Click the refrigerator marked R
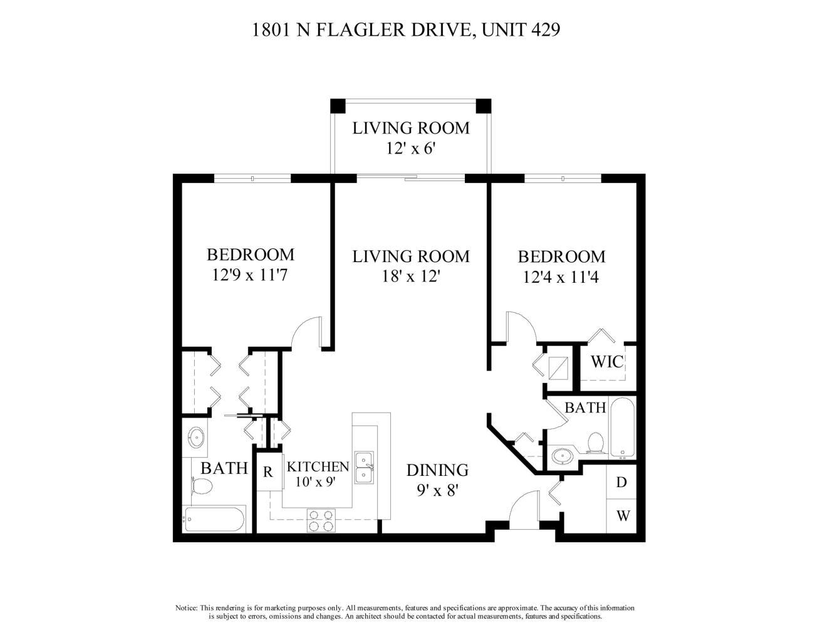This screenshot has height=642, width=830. [x=269, y=472]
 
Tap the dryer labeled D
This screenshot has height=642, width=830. [x=621, y=482]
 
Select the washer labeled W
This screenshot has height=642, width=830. [x=621, y=516]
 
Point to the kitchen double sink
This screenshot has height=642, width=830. [x=364, y=468]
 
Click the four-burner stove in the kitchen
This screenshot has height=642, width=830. [x=321, y=520]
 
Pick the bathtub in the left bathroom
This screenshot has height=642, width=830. [x=215, y=519]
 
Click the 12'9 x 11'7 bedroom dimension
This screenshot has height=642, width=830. [x=249, y=275]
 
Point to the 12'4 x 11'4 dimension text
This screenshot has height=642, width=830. [x=561, y=277]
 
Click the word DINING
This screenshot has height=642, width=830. [x=437, y=470]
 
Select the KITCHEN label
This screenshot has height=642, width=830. [x=318, y=466]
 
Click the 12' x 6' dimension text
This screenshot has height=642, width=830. [x=411, y=148]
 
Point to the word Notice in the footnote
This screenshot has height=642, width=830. [x=187, y=608]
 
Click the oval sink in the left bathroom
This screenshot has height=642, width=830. [x=197, y=437]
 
